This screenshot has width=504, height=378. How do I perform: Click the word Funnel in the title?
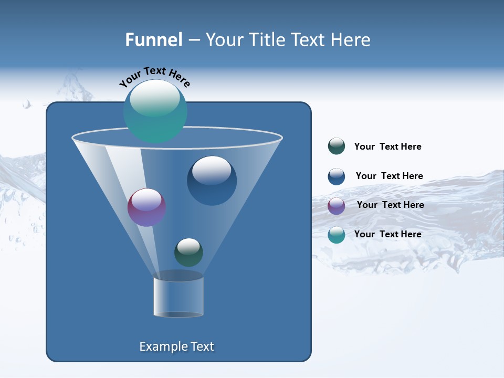tap(153, 40)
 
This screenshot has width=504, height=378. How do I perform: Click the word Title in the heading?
tap(267, 40)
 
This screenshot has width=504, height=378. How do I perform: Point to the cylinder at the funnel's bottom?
tap(178, 297)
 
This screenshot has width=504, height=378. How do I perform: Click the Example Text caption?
tap(177, 346)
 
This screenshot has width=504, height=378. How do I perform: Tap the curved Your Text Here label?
tap(155, 77)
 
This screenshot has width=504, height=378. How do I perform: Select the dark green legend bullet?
tap(337, 146)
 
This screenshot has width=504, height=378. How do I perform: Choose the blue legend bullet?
tap(337, 176)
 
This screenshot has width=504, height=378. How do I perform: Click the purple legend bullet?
tap(337, 206)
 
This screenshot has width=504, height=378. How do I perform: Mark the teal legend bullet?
tap(337, 235)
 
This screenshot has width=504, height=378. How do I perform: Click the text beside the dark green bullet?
tap(387, 146)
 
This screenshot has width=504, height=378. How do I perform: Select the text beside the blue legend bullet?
tap(389, 176)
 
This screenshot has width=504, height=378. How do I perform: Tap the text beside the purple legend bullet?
tap(390, 205)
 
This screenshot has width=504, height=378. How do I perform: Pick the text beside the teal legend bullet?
tap(387, 234)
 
